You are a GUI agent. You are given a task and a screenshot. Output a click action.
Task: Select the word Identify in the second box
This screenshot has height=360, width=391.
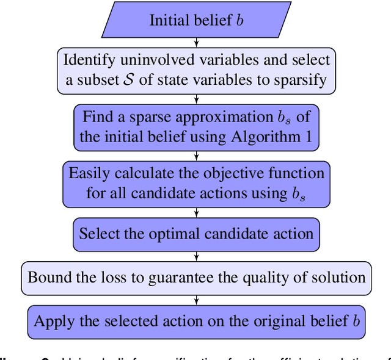(88, 60)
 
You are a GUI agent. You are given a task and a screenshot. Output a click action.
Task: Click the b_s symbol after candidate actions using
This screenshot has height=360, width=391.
(296, 194)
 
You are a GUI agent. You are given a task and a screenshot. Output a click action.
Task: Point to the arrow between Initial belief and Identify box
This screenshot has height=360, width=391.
(196, 43)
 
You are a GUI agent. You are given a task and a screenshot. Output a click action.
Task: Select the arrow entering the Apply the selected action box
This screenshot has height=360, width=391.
(196, 300)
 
